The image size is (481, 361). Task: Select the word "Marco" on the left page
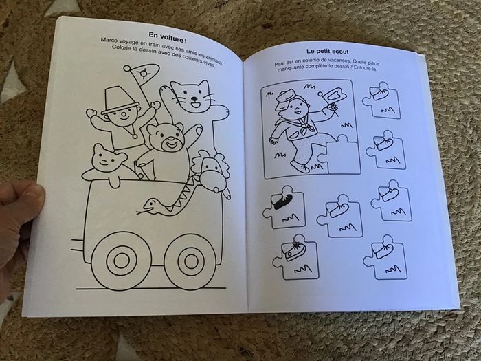pos(111,43)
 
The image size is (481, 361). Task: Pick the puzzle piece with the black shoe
pos(282,206)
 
